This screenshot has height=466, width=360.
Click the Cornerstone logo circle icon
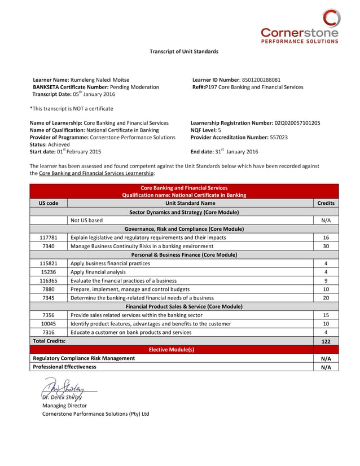click(331, 18)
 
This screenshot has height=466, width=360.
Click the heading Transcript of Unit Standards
click(183, 51)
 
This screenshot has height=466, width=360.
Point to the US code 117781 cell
click(49, 238)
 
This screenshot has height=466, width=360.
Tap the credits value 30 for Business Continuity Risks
click(326, 246)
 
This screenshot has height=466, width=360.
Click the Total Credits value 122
click(326, 341)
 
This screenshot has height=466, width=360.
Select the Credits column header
click(326, 203)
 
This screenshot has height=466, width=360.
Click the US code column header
click(49, 203)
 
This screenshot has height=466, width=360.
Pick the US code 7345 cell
click(49, 297)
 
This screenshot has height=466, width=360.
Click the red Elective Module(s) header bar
click(171, 350)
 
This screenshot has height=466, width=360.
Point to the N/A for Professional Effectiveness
click(326, 367)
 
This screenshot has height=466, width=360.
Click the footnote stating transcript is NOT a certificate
click(72, 108)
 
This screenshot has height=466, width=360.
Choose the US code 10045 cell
click(49, 324)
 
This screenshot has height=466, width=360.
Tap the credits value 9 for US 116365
click(326, 280)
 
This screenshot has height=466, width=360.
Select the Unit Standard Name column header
click(190, 203)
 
